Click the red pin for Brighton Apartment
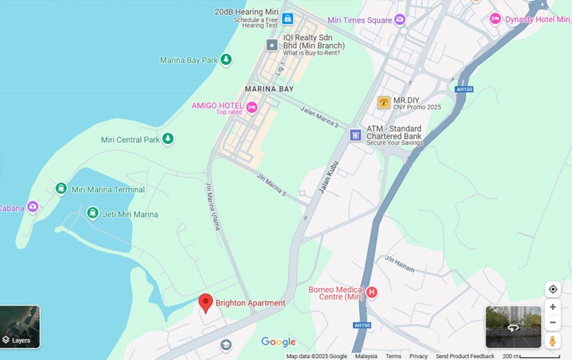(x=206, y=303)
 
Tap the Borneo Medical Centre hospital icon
(x=372, y=292)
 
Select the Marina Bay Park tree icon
(x=226, y=60)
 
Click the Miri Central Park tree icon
(x=168, y=139)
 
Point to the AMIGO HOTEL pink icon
(x=251, y=107)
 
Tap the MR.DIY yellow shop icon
(x=383, y=103)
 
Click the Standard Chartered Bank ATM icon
(x=355, y=135)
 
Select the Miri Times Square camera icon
(x=400, y=20)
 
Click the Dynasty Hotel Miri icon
(x=495, y=19)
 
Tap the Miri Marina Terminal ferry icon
(x=61, y=189)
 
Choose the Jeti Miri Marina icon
(x=93, y=213)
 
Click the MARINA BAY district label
(x=269, y=89)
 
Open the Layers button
(x=20, y=327)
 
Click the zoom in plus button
(x=552, y=307)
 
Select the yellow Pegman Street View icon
(x=552, y=341)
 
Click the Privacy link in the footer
(x=418, y=356)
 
